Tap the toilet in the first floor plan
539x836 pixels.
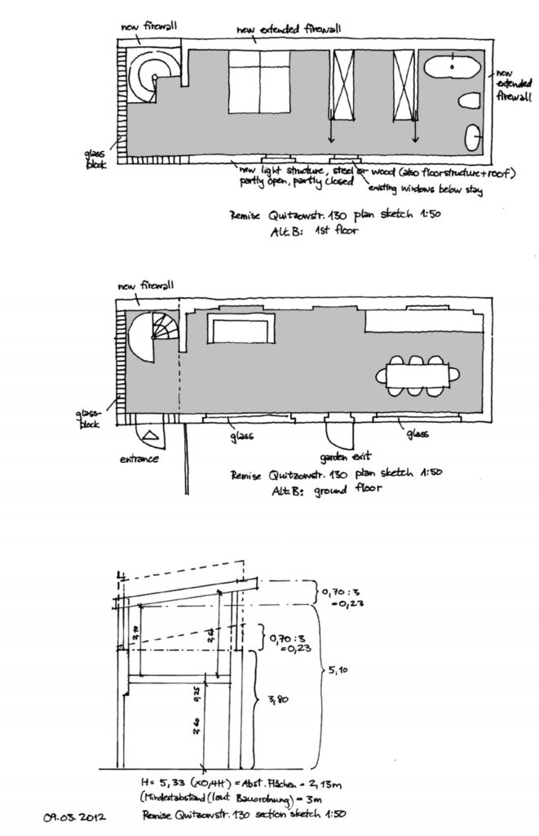(470, 101)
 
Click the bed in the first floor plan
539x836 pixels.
(259, 82)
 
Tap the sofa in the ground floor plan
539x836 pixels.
(242, 329)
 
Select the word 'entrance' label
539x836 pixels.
(139, 459)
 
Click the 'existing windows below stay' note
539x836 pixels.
(425, 191)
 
